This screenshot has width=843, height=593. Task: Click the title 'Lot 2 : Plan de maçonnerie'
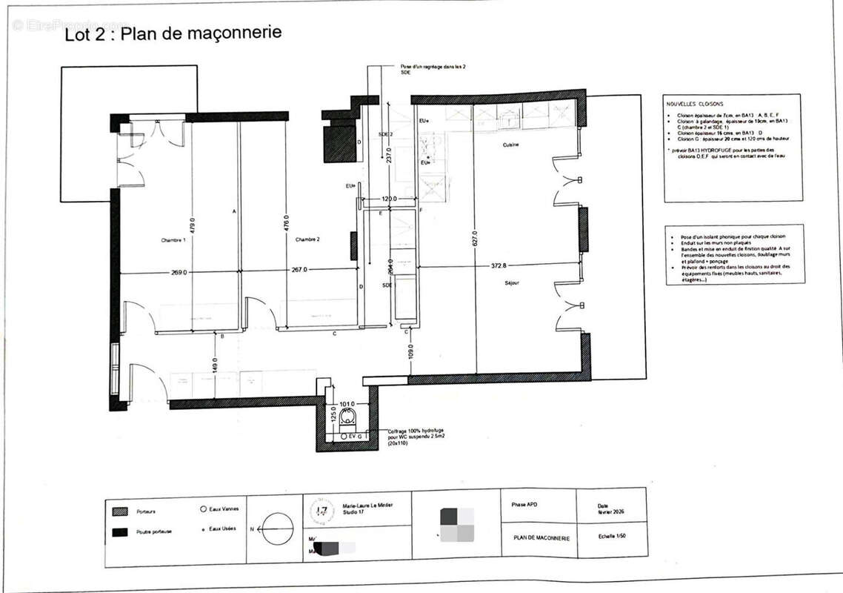pyautogui.click(x=173, y=34)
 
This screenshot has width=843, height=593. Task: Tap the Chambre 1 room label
pyautogui.click(x=173, y=240)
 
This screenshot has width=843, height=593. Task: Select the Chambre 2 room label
pyautogui.click(x=307, y=239)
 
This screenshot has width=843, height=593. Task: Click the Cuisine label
pyautogui.click(x=510, y=145)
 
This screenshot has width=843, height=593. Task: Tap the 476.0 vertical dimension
pyautogui.click(x=286, y=224)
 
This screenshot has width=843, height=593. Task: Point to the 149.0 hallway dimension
pyautogui.click(x=213, y=365)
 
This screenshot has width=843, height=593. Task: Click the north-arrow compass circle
pyautogui.click(x=279, y=529)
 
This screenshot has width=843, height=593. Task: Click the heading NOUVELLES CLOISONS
pyautogui.click(x=694, y=105)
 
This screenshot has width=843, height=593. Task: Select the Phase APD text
pyautogui.click(x=524, y=505)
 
